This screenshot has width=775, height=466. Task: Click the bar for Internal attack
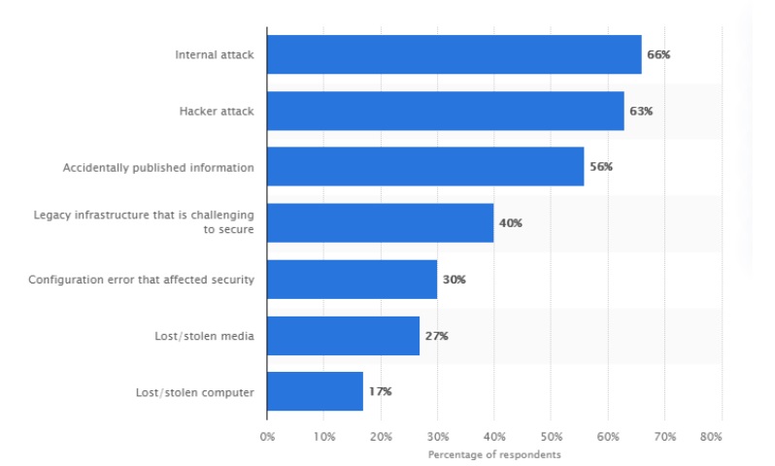coord(454,54)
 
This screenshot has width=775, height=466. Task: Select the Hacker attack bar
coord(445,111)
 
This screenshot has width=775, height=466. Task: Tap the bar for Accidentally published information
coord(424,167)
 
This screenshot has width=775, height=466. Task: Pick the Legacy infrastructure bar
coord(380,222)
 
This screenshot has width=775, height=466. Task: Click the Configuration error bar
coord(352,279)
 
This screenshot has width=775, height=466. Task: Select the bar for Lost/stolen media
coord(343,335)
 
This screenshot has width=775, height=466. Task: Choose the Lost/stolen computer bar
coord(315,391)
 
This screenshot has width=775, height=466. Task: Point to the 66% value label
coord(658,55)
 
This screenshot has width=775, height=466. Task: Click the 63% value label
coord(641,112)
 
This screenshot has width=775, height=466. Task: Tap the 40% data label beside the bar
coord(510,223)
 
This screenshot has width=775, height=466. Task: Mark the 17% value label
coord(380,392)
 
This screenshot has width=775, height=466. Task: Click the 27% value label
coord(436,336)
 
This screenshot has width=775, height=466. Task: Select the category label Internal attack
coord(215,55)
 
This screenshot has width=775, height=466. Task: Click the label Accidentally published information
coord(158,168)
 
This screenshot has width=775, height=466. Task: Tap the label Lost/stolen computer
coord(195,392)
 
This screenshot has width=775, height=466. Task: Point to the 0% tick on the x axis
coord(267,437)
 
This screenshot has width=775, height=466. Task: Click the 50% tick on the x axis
coord(551,437)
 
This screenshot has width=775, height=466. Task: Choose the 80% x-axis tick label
coord(711,437)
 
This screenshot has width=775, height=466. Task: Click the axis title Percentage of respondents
coord(494,454)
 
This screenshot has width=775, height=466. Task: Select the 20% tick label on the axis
coord(381,437)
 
